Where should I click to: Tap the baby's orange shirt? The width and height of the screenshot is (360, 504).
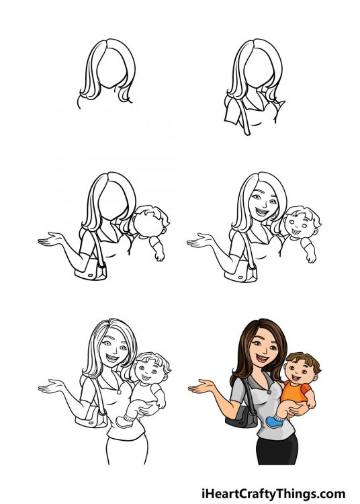tap(296, 392)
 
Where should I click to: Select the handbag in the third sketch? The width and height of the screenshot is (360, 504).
tap(93, 271)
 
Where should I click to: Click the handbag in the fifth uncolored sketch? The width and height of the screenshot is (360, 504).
tap(93, 418)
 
